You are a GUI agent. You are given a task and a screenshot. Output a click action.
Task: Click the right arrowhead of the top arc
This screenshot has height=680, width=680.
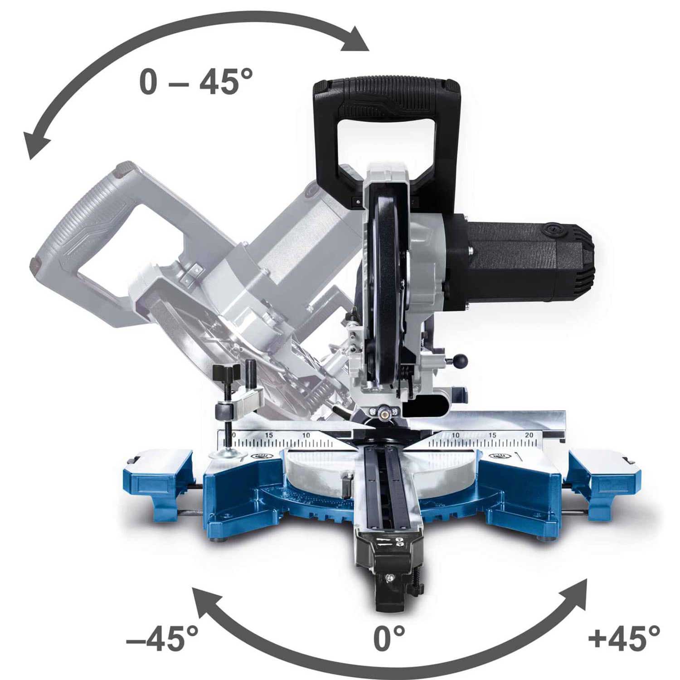pyautogui.click(x=355, y=40)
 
